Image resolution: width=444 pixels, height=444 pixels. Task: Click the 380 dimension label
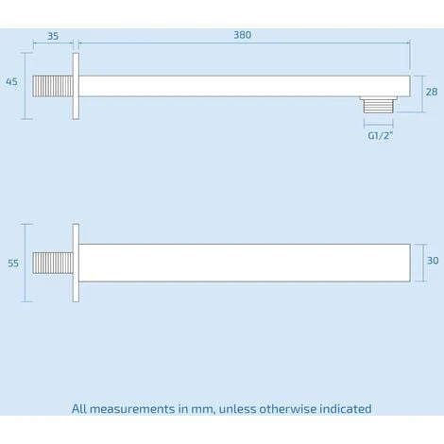click(x=243, y=35)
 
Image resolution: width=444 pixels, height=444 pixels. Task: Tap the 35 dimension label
click(x=53, y=36)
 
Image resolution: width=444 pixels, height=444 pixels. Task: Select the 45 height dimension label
click(x=11, y=82)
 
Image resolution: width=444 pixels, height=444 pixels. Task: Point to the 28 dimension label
click(x=432, y=92)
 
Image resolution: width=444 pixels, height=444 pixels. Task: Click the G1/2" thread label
click(x=381, y=136)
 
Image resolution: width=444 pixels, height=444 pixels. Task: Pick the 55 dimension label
click(x=13, y=264)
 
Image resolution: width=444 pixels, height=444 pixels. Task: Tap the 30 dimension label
click(x=433, y=261)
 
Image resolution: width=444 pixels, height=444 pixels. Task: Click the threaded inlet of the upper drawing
click(x=53, y=86)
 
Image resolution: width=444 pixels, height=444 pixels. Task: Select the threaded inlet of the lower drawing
click(x=53, y=263)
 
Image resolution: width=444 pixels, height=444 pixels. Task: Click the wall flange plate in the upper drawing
click(x=76, y=86)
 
